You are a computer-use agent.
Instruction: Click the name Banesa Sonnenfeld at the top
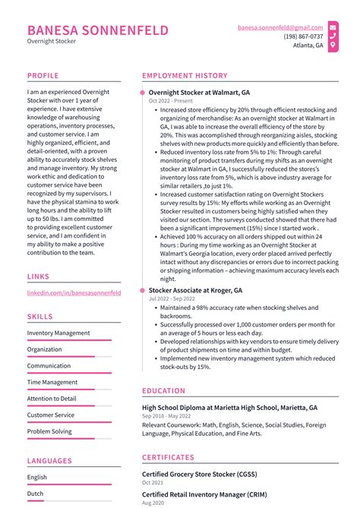click(x=97, y=30)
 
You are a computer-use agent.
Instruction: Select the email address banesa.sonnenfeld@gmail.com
click(x=279, y=27)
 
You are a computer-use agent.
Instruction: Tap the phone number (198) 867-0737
click(x=303, y=36)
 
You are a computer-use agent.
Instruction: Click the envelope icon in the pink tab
click(x=333, y=27)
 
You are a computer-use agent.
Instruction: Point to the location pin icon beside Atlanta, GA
click(x=333, y=46)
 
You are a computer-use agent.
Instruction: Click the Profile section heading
click(x=43, y=76)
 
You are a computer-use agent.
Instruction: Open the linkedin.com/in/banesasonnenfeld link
click(x=74, y=292)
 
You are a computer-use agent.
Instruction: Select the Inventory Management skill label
click(x=58, y=333)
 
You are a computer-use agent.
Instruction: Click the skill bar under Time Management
click(x=74, y=390)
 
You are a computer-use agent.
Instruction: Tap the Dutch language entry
click(x=36, y=494)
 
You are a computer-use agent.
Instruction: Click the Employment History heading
click(x=185, y=76)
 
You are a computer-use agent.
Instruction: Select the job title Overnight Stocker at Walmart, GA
click(x=199, y=92)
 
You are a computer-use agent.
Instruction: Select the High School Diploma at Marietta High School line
click(x=229, y=408)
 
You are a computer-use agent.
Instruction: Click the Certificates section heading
click(x=168, y=458)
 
